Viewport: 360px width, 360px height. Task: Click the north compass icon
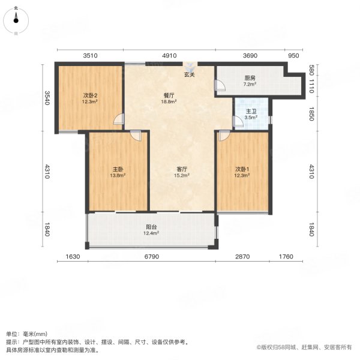click(x=16, y=19)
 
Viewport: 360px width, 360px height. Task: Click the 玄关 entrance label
click(x=190, y=75)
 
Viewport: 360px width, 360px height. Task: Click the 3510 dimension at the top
click(x=90, y=55)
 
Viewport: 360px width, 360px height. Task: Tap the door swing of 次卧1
click(x=223, y=136)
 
